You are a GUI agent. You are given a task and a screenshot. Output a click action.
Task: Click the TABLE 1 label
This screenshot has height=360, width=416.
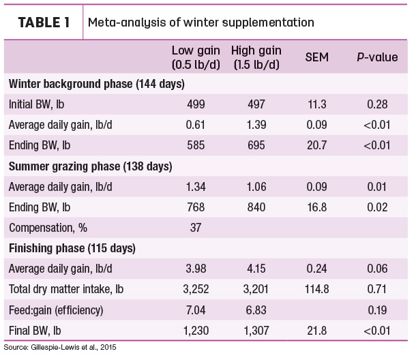click(44, 22)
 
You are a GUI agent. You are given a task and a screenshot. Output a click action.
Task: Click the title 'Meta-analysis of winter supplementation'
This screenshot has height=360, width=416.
click(200, 22)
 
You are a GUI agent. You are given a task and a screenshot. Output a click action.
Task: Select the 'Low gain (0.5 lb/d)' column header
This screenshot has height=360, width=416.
click(196, 57)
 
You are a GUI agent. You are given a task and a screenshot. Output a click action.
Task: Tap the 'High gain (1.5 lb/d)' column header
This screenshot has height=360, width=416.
click(256, 57)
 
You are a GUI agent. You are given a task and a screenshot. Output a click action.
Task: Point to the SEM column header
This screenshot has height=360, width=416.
click(317, 57)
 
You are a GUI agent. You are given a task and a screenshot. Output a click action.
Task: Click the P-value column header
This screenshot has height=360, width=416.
click(377, 57)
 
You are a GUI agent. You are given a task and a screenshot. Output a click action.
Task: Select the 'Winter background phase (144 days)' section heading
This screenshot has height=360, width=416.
click(97, 84)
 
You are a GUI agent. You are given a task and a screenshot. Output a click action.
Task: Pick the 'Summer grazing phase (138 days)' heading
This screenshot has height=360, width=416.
click(91, 166)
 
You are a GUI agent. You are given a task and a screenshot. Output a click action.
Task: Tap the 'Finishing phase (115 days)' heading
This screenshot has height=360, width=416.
click(72, 249)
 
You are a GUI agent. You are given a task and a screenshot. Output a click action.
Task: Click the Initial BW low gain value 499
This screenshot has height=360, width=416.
click(196, 104)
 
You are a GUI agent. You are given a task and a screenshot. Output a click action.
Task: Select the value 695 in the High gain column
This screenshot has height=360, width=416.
click(256, 145)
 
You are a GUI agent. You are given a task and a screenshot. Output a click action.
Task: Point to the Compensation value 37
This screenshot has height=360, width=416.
click(196, 228)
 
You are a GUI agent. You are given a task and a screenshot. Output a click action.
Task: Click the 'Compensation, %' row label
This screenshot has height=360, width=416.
click(48, 228)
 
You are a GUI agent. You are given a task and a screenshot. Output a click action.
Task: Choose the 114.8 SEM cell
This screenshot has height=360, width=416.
click(317, 289)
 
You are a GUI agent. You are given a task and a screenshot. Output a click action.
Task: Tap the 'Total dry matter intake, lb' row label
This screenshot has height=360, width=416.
click(66, 290)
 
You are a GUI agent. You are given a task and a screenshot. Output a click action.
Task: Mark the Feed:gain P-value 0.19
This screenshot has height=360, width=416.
click(377, 310)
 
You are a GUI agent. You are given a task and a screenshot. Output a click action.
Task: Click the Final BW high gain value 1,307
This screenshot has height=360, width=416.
click(256, 331)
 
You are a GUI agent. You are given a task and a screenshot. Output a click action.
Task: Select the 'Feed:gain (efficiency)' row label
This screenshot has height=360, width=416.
click(56, 310)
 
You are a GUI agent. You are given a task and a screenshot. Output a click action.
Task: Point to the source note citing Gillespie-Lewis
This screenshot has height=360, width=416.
click(60, 348)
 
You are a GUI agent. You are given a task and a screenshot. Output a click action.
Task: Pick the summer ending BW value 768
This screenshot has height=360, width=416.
click(196, 207)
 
